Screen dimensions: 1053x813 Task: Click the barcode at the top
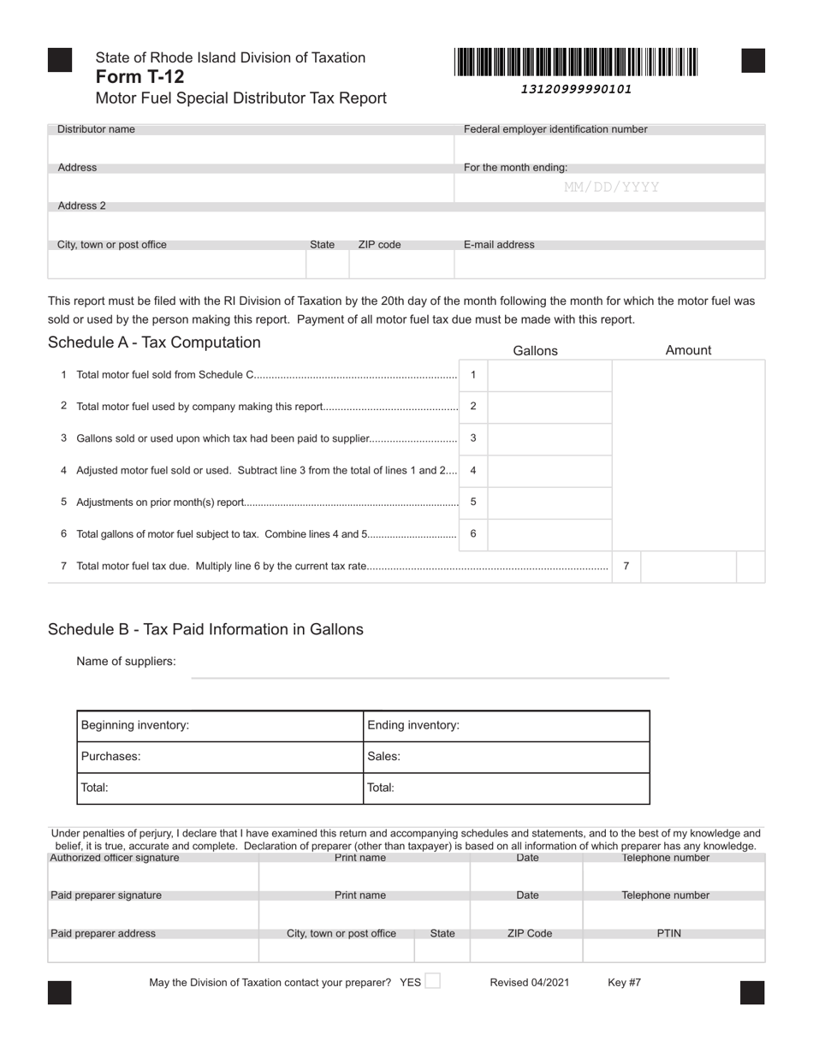(576, 62)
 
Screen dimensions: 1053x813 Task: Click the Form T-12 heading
(139, 77)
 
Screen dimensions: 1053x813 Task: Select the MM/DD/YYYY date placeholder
(611, 187)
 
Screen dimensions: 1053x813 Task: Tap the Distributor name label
(96, 129)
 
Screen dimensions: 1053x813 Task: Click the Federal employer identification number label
(555, 129)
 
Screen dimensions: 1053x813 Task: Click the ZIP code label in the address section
(379, 245)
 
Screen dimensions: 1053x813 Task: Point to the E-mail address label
(499, 245)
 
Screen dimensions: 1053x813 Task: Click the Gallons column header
(535, 351)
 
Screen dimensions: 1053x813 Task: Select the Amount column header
(688, 350)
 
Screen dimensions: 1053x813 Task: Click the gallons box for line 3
(549, 438)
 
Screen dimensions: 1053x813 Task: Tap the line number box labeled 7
(626, 566)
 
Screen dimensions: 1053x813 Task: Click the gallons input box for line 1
(549, 375)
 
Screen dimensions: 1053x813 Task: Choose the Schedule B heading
(205, 629)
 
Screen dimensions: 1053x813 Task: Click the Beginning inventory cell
(220, 725)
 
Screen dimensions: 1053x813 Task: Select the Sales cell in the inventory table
(506, 757)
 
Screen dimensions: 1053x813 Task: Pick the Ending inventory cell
(506, 725)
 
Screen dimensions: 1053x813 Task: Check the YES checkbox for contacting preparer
(433, 981)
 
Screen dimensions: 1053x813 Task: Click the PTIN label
(668, 933)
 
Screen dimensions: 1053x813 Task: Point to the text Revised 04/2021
(529, 983)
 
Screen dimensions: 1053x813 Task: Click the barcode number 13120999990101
(576, 89)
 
